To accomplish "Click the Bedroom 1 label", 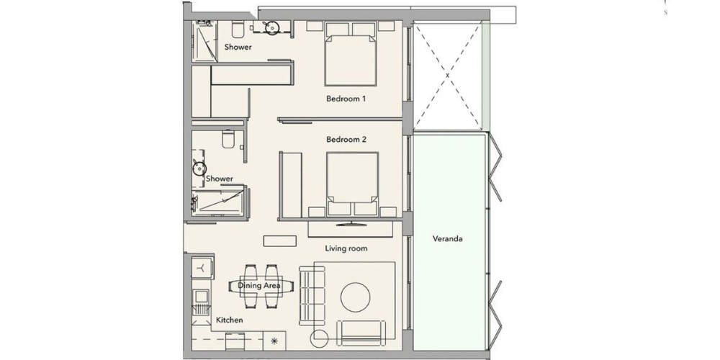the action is click(x=346, y=99).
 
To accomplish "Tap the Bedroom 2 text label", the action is click(x=346, y=139).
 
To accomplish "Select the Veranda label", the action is click(x=447, y=239).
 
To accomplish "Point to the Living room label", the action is click(x=346, y=248).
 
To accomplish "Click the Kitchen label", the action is click(x=229, y=320).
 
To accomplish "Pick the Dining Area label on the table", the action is click(x=259, y=286).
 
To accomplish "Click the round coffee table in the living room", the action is click(x=356, y=297).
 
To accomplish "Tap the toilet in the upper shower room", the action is click(x=238, y=30).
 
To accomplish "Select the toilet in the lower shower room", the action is click(x=228, y=139).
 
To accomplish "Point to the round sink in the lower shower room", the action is click(x=199, y=168).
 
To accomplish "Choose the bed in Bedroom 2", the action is click(x=352, y=184).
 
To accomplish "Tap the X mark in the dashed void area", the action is click(x=447, y=75).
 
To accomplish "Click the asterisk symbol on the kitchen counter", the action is click(x=274, y=341).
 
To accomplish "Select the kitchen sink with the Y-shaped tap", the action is click(x=202, y=267).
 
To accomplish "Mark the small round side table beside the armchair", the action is click(x=319, y=339).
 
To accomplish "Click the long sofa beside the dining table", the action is click(x=312, y=296).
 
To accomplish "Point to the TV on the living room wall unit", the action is click(x=352, y=224).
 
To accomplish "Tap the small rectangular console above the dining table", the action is click(x=279, y=241).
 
